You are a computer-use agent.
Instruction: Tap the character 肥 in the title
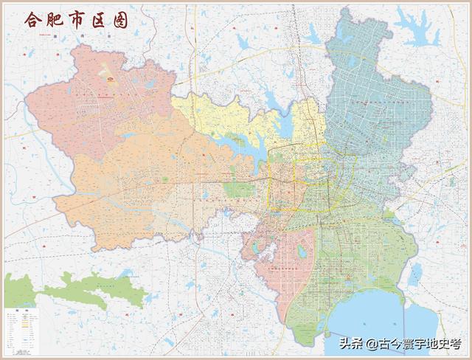[x=56, y=20]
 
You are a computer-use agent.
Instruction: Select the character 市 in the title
[x=79, y=20]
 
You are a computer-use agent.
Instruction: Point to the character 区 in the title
[x=100, y=20]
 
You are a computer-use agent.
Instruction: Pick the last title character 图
[x=120, y=20]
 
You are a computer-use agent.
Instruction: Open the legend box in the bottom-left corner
[x=20, y=328]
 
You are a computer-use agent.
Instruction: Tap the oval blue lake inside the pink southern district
[x=301, y=252]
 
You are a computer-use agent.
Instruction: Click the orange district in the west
[x=147, y=184]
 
